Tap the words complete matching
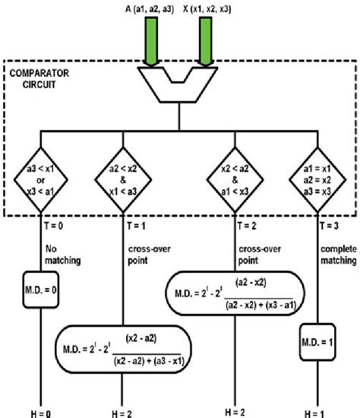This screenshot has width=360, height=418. (336, 254)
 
